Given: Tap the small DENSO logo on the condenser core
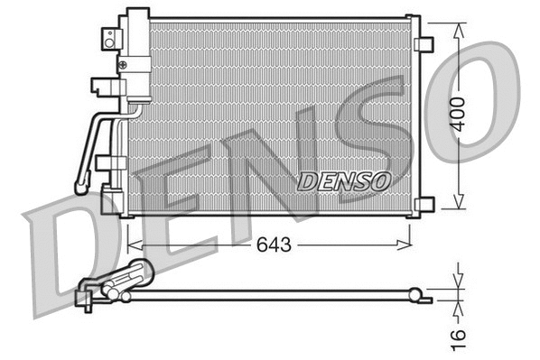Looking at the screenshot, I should (x=343, y=180).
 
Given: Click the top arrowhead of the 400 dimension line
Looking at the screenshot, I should (x=461, y=25).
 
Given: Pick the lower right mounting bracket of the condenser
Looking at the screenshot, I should (x=424, y=204).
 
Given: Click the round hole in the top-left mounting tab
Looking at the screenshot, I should (x=109, y=37).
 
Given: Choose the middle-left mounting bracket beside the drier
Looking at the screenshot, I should (x=101, y=87).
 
